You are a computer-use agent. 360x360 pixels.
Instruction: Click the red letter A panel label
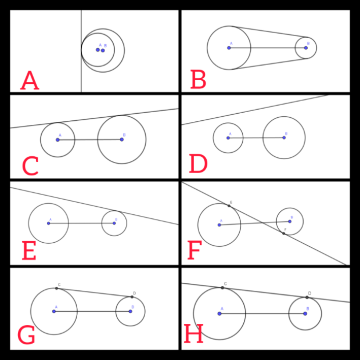point(29,81)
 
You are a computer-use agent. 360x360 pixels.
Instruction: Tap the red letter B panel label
point(198,80)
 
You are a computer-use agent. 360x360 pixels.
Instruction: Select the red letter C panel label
point(30,167)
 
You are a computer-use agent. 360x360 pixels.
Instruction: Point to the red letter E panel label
point(28,251)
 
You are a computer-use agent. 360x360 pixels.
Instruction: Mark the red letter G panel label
point(26,336)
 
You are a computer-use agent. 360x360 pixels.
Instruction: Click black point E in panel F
point(230,206)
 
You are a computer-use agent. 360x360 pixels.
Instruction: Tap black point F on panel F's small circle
point(284,234)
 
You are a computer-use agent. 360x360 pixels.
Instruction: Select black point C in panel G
point(56,288)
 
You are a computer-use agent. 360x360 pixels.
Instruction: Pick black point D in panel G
point(132,297)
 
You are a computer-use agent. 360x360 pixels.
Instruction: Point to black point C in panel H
point(222,288)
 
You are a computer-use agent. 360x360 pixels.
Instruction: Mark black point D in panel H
point(307,297)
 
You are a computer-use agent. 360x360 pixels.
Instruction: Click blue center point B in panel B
point(306,48)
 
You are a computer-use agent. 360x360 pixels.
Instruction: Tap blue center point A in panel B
point(229,48)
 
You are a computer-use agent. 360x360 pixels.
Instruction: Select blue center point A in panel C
point(57,140)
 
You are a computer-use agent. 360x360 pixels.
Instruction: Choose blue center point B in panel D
point(284,138)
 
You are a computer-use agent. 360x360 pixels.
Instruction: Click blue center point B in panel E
point(114,223)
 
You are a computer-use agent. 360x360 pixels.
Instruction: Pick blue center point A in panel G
point(54,311)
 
